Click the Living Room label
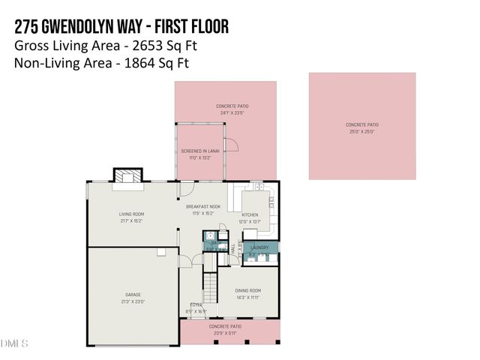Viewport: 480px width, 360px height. click(133, 214)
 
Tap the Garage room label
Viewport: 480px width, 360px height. click(133, 295)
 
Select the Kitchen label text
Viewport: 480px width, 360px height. click(249, 214)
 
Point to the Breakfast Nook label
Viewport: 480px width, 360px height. click(203, 206)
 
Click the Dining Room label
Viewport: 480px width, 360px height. click(248, 290)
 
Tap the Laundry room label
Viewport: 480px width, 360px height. click(259, 247)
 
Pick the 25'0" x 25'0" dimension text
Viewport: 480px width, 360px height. click(361, 131)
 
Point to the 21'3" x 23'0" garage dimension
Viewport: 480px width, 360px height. click(133, 301)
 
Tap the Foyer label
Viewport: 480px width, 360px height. click(196, 304)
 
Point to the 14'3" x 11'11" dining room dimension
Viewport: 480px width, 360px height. click(248, 297)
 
